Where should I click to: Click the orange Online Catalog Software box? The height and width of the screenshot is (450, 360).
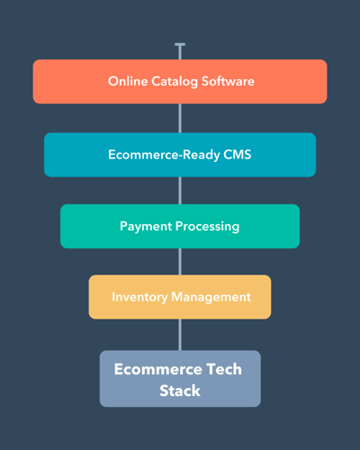coord(180,82)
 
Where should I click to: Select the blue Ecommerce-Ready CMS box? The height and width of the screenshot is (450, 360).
coord(180,155)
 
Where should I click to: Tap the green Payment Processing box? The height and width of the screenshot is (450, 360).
coord(180,226)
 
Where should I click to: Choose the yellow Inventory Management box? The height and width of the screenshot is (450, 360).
coord(180,297)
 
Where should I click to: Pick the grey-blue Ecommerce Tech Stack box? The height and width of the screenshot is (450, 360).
coord(180,379)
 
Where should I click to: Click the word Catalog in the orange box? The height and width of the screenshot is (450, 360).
coord(175,82)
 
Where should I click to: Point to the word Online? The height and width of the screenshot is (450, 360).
coord(128,81)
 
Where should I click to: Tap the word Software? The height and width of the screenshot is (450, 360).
coord(228,81)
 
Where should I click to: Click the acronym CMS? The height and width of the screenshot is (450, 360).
coord(238,155)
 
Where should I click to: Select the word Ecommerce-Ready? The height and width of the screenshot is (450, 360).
coord(164,155)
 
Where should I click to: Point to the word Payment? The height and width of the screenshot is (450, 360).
coord(146,227)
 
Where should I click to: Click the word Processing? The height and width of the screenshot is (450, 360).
coord(207,227)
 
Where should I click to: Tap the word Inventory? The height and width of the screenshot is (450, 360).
coord(139,297)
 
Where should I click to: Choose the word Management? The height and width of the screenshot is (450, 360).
coord(211,297)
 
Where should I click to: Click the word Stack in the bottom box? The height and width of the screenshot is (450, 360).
coord(180,391)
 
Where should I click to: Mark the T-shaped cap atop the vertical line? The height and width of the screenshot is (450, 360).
coord(180,45)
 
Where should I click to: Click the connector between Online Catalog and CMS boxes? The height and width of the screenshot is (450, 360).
coord(180,118)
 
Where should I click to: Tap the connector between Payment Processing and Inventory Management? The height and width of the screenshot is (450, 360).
coord(180,262)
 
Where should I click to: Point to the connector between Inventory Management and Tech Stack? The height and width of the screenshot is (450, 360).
coord(180,335)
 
